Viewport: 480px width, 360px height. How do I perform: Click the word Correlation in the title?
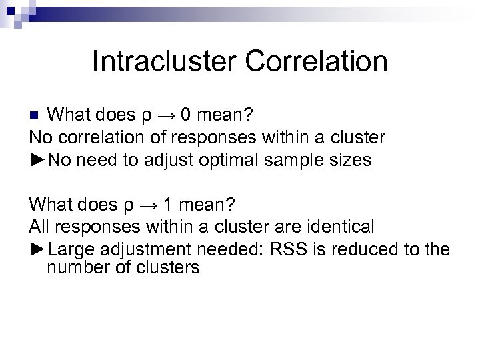pos(316,61)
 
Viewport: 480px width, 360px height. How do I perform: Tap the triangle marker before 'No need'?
pos(39,160)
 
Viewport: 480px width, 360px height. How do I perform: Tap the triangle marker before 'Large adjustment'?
pos(39,250)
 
